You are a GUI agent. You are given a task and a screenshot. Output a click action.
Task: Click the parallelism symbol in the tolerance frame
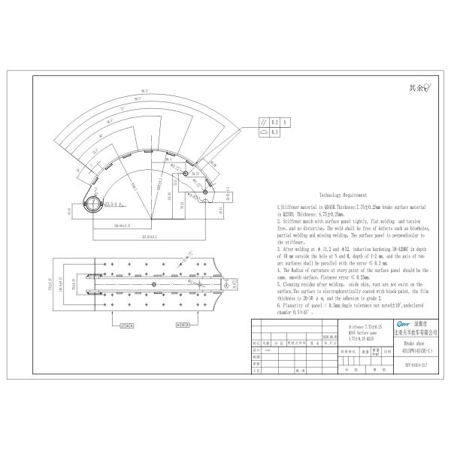pos(262,121)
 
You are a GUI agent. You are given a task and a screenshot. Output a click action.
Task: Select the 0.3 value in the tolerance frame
pos(275,131)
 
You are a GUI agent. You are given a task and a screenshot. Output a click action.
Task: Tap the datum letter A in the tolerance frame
pos(286,121)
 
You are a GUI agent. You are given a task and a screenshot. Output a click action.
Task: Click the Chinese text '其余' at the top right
pos(413,88)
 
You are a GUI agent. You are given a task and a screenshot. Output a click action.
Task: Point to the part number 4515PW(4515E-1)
pos(414,348)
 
